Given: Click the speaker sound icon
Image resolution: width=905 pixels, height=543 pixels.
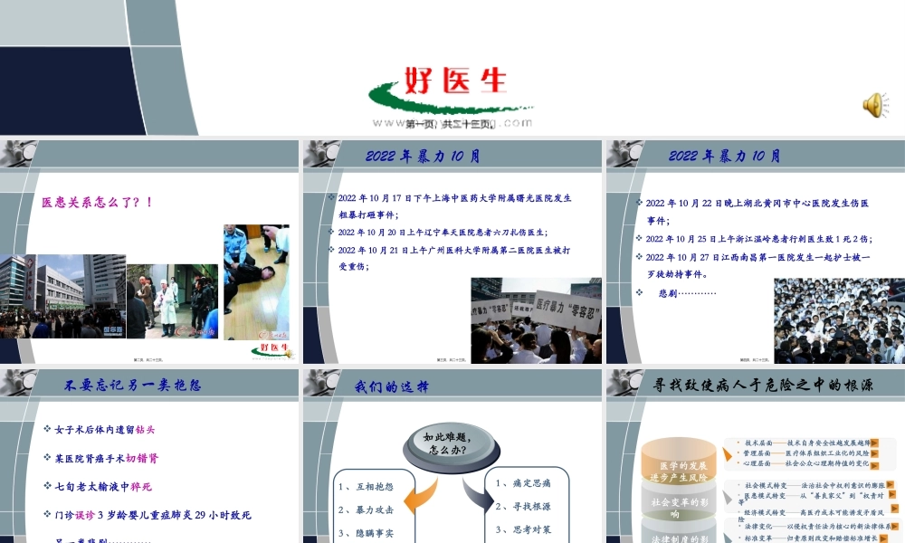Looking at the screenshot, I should [873, 106].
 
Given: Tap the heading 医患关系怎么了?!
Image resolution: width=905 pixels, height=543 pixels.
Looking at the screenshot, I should [98, 202].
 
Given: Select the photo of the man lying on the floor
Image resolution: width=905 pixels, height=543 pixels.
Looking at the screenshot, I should [256, 282].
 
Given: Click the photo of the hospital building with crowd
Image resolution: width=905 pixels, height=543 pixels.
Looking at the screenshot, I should [62, 296].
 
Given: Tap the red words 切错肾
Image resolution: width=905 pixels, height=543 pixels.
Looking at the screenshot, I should [141, 458].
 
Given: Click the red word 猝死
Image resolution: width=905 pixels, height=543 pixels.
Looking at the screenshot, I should [141, 486].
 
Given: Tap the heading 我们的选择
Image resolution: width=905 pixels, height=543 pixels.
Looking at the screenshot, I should [391, 386].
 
